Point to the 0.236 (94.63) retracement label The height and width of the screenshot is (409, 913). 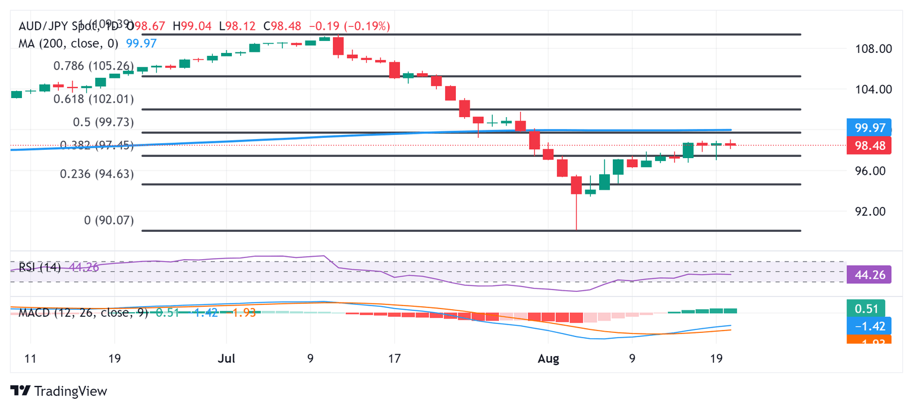[x=96, y=174]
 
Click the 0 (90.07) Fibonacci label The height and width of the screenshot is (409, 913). [x=109, y=220]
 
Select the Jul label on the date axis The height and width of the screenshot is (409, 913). [x=226, y=359]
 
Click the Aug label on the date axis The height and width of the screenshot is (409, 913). [x=548, y=359]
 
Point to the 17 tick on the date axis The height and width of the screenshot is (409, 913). [x=393, y=359]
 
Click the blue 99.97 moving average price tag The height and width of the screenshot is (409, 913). [x=868, y=128]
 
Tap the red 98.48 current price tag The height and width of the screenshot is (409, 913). [x=868, y=145]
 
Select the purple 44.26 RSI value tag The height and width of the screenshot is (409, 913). [x=868, y=275]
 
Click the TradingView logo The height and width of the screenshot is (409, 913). [x=59, y=391]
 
